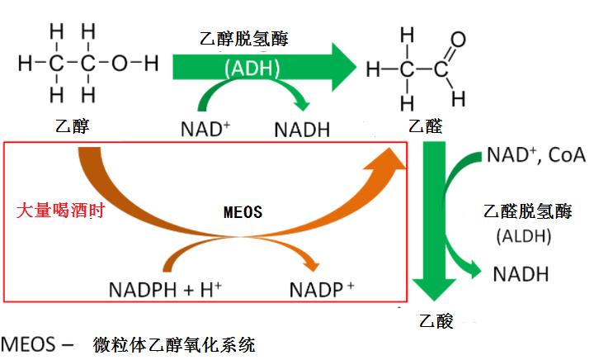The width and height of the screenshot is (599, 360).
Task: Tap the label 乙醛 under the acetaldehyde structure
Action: click(x=426, y=127)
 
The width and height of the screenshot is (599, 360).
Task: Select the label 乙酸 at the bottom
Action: click(x=436, y=320)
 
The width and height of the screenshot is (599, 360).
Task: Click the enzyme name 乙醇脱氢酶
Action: click(x=244, y=38)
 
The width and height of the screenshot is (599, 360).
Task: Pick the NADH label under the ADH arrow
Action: click(x=302, y=130)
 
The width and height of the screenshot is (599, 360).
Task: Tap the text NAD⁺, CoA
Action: click(x=535, y=154)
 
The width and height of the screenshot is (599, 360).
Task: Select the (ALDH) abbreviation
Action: click(x=528, y=236)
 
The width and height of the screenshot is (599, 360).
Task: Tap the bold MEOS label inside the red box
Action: click(x=243, y=211)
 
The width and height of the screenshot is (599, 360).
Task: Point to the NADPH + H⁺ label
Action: click(x=165, y=290)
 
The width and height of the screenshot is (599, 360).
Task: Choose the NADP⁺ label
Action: click(x=322, y=290)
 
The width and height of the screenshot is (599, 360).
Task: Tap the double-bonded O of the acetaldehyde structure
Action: click(x=458, y=39)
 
